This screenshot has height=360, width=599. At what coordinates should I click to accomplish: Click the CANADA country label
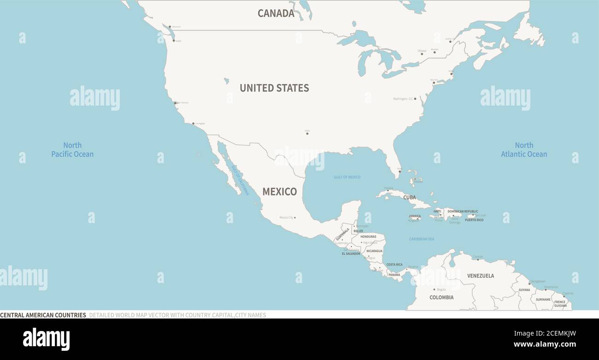click(276, 13)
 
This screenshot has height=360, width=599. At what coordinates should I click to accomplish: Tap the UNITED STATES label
click(274, 88)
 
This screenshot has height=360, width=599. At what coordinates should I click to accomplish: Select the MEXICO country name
click(279, 192)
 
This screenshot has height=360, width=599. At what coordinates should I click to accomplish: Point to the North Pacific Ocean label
click(72, 150)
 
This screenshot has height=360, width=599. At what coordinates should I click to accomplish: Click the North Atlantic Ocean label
click(524, 150)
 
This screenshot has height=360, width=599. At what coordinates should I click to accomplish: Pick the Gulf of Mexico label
click(347, 177)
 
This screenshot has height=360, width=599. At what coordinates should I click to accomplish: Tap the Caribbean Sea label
click(421, 239)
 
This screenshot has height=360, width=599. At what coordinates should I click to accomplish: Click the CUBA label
click(409, 197)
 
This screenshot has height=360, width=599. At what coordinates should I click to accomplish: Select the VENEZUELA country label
click(480, 276)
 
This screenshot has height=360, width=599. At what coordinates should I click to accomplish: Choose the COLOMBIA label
click(441, 297)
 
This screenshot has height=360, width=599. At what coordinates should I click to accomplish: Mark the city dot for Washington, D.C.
click(415, 99)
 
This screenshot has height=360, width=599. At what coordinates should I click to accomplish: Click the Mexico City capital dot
click(295, 218)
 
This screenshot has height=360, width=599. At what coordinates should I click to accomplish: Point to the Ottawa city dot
click(422, 54)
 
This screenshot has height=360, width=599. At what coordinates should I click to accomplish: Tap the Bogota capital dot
click(435, 289)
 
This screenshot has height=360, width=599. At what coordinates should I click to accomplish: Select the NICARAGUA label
click(374, 251)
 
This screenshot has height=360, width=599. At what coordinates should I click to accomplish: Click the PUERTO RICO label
click(474, 220)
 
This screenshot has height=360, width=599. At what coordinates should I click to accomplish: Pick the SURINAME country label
click(543, 299)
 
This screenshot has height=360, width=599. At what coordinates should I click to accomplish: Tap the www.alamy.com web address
click(545, 344)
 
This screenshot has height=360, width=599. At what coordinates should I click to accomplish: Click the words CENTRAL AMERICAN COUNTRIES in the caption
click(43, 315)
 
